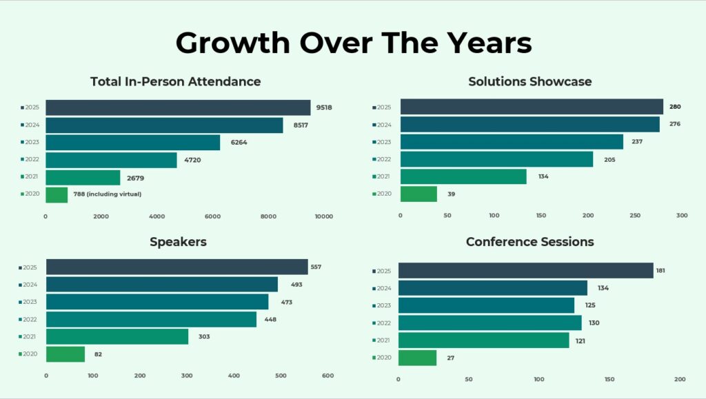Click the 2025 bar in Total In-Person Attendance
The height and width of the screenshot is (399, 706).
click(x=178, y=108)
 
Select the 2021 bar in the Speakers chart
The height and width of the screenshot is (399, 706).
click(x=117, y=336)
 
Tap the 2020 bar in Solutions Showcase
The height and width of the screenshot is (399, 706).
click(x=418, y=194)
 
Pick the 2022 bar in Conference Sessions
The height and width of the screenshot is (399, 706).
click(x=490, y=323)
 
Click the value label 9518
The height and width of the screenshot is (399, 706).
click(x=324, y=108)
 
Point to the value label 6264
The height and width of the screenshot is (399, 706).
click(x=239, y=143)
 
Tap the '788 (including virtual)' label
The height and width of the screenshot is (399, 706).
click(x=108, y=194)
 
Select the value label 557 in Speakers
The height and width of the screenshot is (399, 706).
click(x=316, y=267)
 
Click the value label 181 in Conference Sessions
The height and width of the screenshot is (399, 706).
click(x=660, y=270)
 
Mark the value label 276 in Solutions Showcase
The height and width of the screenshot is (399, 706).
click(x=674, y=125)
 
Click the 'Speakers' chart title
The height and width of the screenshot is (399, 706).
click(x=178, y=242)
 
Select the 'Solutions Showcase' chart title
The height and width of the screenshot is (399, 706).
click(x=529, y=81)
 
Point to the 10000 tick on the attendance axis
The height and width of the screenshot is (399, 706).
click(x=323, y=216)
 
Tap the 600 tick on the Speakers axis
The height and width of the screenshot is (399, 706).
click(x=327, y=376)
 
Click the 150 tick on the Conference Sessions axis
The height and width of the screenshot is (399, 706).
click(x=609, y=380)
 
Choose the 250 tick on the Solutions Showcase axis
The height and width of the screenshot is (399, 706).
click(x=635, y=216)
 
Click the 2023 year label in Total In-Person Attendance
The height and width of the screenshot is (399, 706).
click(x=32, y=143)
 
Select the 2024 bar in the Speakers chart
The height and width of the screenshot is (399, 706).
click(x=161, y=285)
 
